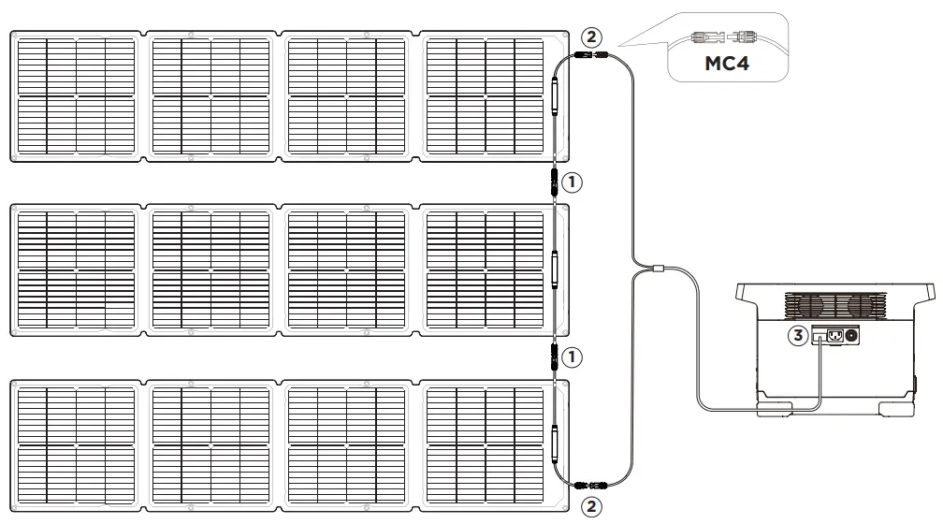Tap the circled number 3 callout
coord(797,334)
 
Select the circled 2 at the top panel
coord(589,37)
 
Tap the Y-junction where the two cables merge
coord(660,270)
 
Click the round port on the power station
coord(851,334)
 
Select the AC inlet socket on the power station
coord(832,334)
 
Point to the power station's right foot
coord(892,408)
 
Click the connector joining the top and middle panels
coord(554,182)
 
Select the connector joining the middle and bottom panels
coord(554,357)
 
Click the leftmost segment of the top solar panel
coord(77,97)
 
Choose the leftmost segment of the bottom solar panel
coord(77,445)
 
